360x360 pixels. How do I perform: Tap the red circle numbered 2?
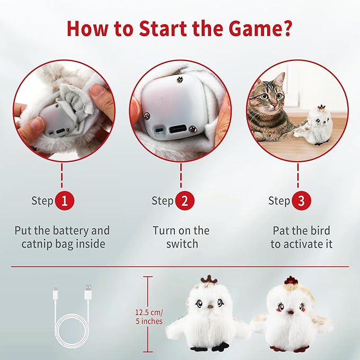185,201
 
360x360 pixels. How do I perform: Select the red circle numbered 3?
301,201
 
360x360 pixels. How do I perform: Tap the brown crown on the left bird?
210,279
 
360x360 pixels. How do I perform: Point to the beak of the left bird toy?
210,306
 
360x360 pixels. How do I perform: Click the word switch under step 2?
182,244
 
